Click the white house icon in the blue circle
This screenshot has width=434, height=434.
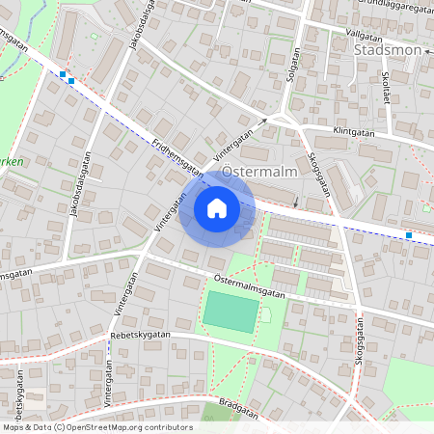pyautogui.click(x=217, y=207)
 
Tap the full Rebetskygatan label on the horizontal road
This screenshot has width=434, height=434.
pyautogui.click(x=140, y=334)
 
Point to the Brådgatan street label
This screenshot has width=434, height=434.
pyautogui.click(x=238, y=409)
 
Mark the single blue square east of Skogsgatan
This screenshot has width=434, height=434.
pyautogui.click(x=409, y=235)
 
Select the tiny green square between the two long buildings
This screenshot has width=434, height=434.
pyautogui.click(x=95, y=36)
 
